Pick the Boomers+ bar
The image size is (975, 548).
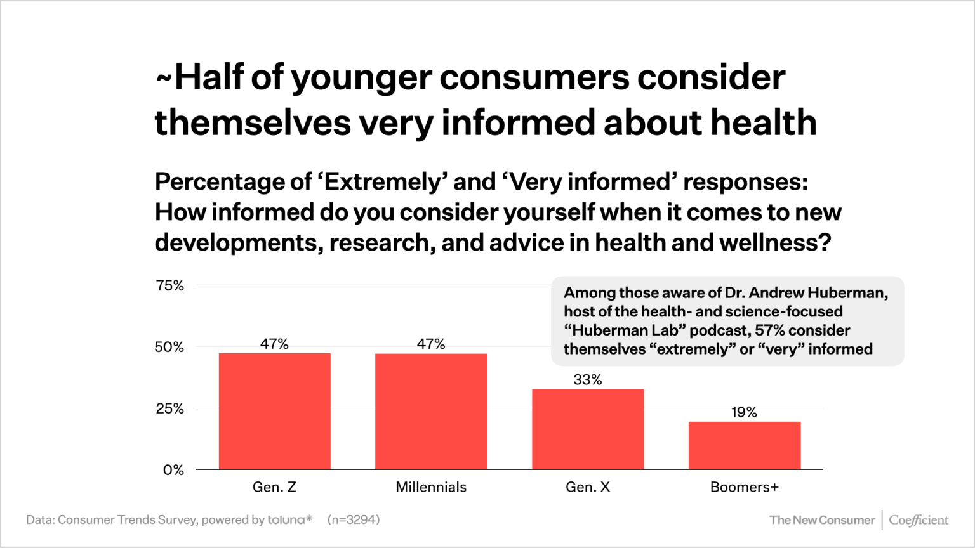tap(744, 445)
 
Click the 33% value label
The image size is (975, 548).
tap(588, 380)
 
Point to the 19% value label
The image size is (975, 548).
tap(744, 412)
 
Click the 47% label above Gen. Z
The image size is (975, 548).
tap(274, 344)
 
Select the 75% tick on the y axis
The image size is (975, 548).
tap(169, 285)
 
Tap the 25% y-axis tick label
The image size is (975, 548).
tap(169, 408)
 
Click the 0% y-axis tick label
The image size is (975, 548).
tap(173, 470)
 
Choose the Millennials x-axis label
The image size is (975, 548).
tap(431, 487)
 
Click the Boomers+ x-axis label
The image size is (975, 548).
tap(744, 487)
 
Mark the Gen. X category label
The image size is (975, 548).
tap(588, 487)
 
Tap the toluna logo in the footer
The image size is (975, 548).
tap(290, 519)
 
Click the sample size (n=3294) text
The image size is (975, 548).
tap(354, 519)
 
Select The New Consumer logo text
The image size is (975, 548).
tap(821, 520)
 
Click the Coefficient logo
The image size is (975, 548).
tap(918, 520)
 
